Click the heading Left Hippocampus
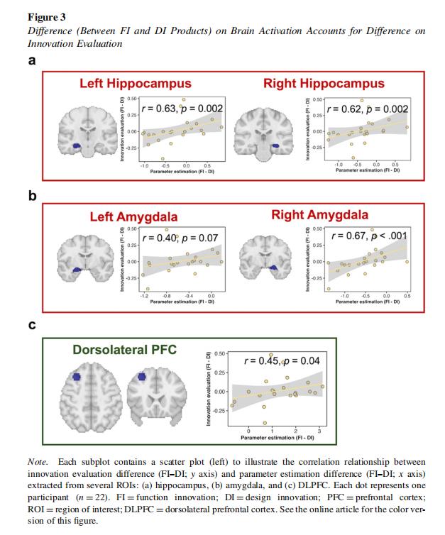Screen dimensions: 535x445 [135, 84]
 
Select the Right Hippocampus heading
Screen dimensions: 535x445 [324, 84]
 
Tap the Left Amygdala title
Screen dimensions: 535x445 [133, 216]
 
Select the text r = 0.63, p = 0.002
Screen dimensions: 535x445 [183, 109]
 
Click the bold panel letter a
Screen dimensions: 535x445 [32, 61]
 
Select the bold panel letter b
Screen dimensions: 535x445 [32, 195]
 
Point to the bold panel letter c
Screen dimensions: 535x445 [32, 326]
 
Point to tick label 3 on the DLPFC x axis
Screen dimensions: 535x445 [319, 431]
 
